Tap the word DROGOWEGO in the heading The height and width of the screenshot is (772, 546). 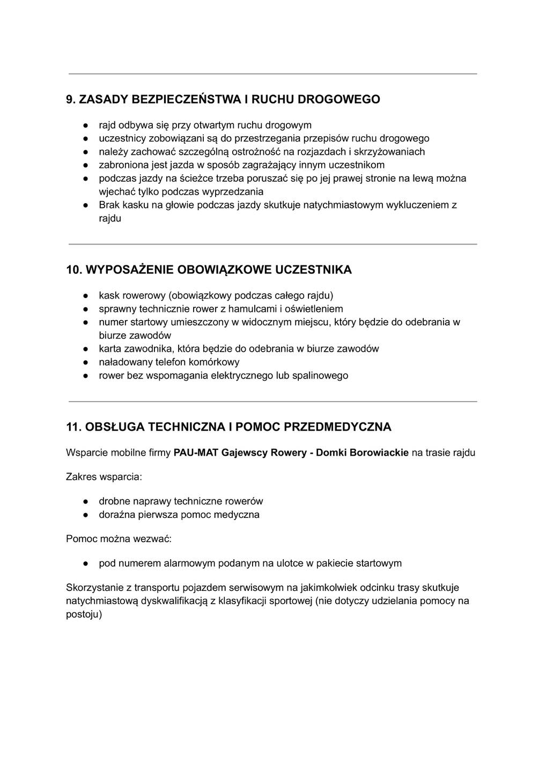point(338,99)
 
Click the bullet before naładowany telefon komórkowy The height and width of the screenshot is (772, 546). point(85,362)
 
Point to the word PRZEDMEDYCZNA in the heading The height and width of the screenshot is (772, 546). point(337,427)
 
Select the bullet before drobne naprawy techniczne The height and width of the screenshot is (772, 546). point(85,502)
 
